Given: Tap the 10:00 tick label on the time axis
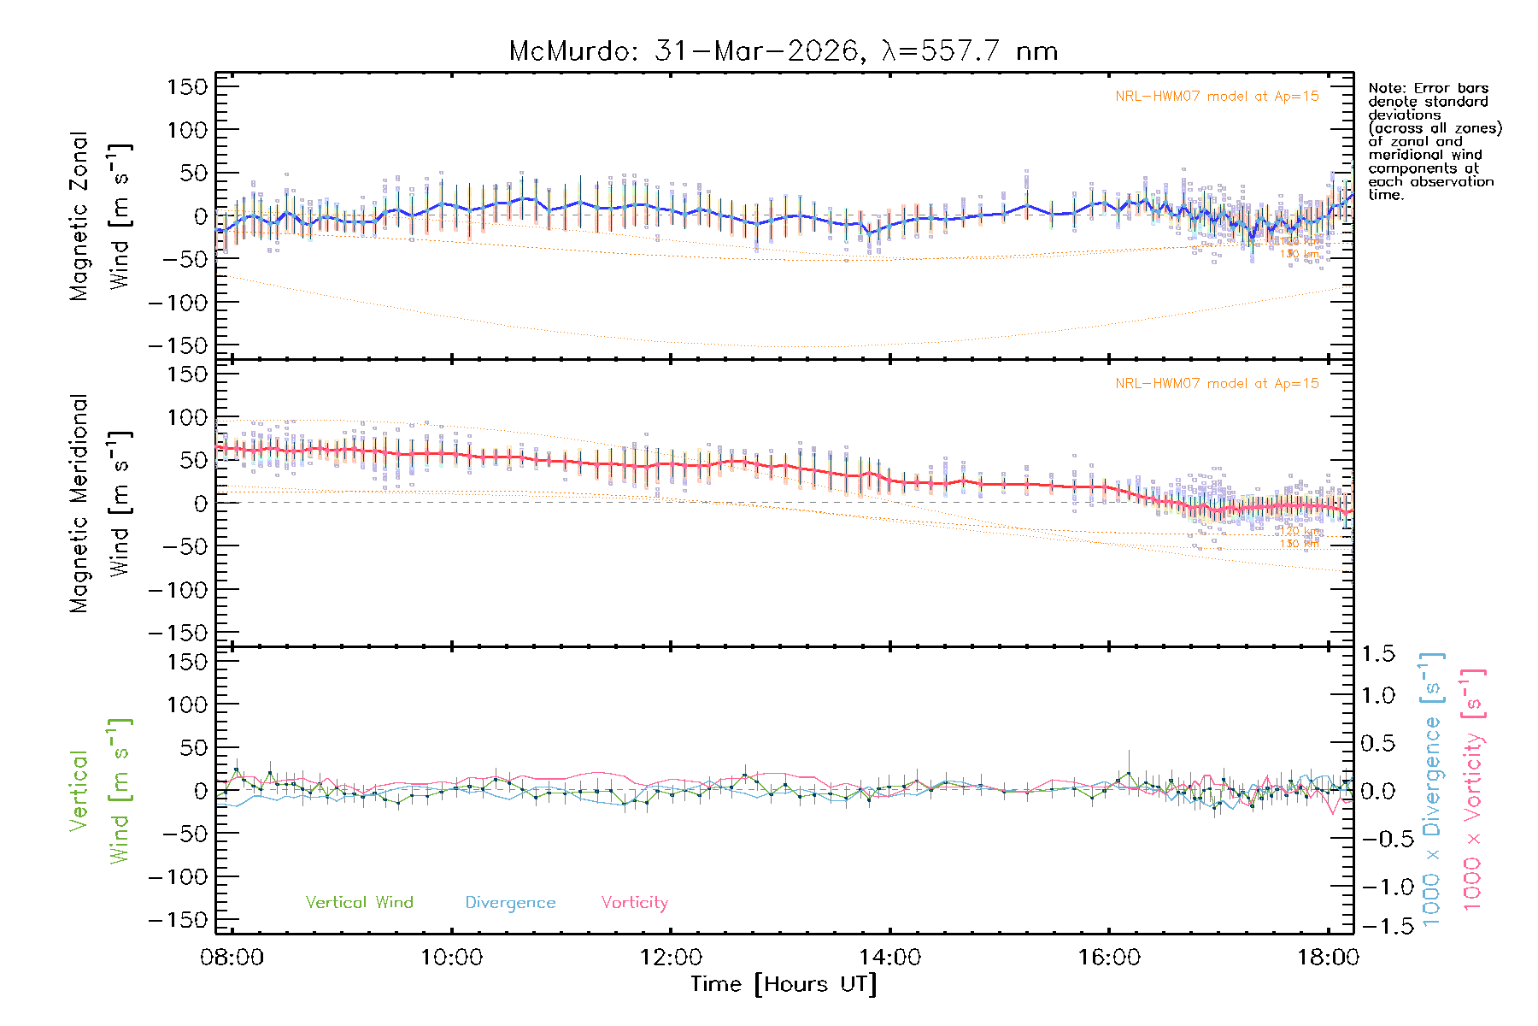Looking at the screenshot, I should coord(451,957).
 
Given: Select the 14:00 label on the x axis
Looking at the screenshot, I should coord(889,957).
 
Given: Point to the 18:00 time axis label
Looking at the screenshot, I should coord(1328,957).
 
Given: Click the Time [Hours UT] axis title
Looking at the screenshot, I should coord(784,984).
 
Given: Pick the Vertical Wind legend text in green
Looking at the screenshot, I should coord(359,902).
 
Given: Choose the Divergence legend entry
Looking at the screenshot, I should coord(510,902).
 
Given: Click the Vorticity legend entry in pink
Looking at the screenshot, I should coord(634,902).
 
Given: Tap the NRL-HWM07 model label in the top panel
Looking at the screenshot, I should coord(1217,97).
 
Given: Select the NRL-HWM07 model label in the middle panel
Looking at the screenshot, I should coord(1217,384).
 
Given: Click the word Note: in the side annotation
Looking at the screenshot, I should coord(1388,88).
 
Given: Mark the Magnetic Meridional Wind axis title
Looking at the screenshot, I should coord(101,504).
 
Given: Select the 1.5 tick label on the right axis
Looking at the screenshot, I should coord(1377,654).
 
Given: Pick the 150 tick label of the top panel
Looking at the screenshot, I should coord(187,86).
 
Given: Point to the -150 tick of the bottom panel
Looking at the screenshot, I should coord(179,920).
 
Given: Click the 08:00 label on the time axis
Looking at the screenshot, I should coord(232,957).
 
